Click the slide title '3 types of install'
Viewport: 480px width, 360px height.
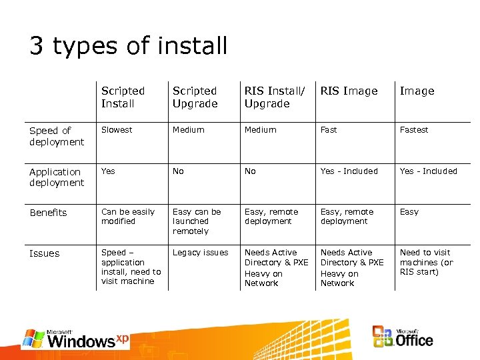[x=128, y=46]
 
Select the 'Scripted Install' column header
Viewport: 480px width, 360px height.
[x=123, y=97]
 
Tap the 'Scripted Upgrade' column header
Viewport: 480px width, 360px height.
[x=195, y=97]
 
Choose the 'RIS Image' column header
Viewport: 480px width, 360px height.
[x=349, y=91]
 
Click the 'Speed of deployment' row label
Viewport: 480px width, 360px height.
[x=57, y=136]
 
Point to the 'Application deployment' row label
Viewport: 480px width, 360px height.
[x=57, y=177]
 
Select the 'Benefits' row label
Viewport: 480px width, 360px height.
[x=48, y=213]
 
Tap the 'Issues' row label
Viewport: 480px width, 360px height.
[x=44, y=253]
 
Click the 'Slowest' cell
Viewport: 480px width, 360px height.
[x=117, y=130]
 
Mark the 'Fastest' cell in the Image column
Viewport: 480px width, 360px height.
[x=414, y=130]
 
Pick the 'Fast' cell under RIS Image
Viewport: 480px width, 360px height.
[x=329, y=130]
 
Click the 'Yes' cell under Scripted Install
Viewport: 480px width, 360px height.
[x=108, y=171]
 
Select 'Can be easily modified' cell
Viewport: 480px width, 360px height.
[x=127, y=217]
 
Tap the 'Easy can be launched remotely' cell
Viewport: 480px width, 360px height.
[x=194, y=221]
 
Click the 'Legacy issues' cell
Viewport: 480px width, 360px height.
[x=200, y=253]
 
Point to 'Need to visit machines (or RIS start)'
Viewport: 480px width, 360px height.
[x=426, y=262]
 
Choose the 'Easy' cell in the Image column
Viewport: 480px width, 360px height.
[x=409, y=212]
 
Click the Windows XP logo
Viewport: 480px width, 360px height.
[x=75, y=339]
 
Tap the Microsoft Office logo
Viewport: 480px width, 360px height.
[x=403, y=337]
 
